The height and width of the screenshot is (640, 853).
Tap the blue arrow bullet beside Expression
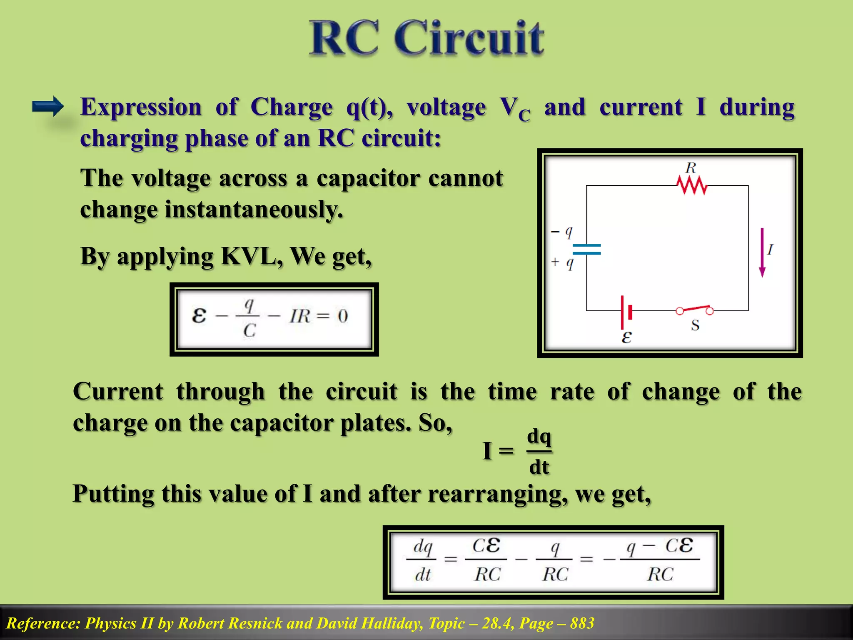tap(47, 107)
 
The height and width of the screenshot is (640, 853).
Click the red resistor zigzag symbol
tap(692, 185)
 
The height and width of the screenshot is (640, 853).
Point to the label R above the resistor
tap(691, 168)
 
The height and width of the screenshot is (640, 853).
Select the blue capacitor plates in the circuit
tap(586, 250)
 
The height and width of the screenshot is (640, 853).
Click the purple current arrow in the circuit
tap(762, 252)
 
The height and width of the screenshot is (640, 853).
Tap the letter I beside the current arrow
tap(770, 250)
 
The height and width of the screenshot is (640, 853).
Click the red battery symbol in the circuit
tap(626, 312)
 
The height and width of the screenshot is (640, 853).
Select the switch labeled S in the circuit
tap(694, 310)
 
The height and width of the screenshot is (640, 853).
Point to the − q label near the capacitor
tap(562, 232)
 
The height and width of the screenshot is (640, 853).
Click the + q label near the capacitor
tap(562, 262)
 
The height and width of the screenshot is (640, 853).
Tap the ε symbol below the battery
tap(626, 337)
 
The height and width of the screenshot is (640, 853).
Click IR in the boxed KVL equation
tap(300, 316)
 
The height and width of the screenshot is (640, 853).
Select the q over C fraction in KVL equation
tap(249, 317)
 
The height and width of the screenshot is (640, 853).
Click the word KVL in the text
tap(252, 256)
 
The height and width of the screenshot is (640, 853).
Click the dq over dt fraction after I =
tap(539, 452)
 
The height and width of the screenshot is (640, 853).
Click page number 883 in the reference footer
tap(582, 623)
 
